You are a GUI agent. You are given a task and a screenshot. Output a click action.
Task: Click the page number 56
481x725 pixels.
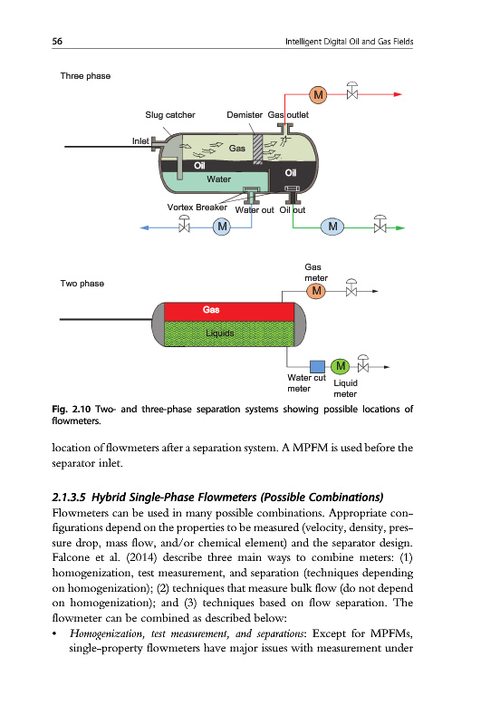point(57,41)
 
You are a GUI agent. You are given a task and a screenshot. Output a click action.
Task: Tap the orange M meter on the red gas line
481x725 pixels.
point(318,95)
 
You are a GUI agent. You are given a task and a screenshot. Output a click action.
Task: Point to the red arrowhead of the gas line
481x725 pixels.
point(398,94)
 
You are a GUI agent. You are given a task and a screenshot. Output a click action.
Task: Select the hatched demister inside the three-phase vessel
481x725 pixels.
point(258,149)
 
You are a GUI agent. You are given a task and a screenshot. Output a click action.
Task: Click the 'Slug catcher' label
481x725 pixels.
point(170,115)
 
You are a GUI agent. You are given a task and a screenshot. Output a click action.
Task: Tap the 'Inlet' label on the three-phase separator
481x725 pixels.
point(140,141)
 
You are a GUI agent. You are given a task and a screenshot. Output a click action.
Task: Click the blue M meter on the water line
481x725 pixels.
point(222,227)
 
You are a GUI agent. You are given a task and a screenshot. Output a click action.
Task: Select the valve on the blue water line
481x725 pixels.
point(185,223)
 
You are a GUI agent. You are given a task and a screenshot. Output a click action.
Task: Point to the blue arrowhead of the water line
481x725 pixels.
point(144,227)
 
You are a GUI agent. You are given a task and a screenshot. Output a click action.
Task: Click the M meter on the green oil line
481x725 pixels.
point(332,227)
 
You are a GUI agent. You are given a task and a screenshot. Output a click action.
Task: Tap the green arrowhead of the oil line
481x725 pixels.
point(400,227)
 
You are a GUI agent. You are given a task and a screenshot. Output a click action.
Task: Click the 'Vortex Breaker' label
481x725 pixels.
point(197,208)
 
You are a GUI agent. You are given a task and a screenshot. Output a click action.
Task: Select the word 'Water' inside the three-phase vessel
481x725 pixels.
point(218,179)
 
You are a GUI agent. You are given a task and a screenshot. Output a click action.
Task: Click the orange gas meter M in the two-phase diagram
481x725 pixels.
point(316,291)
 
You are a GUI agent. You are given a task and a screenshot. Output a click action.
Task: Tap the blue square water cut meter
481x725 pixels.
point(317,367)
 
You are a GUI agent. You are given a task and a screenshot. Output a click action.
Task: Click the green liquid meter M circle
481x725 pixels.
point(340,366)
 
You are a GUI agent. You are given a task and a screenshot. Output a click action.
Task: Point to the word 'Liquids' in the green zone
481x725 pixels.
point(220,333)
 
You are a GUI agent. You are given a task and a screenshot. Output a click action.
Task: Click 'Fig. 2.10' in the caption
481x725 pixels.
point(72,410)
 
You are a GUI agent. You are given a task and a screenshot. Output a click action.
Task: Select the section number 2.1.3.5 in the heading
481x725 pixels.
point(69,497)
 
